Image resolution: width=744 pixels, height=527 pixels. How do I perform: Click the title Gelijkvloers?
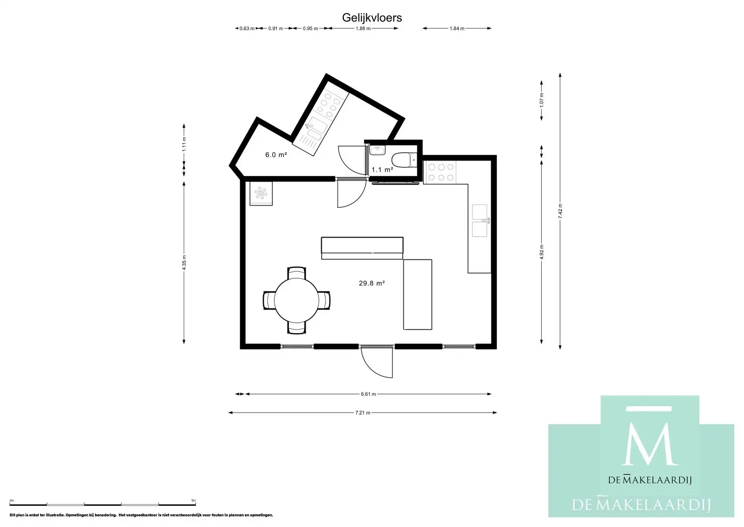[372, 18]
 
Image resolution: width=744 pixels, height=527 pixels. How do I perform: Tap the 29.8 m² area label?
[372, 283]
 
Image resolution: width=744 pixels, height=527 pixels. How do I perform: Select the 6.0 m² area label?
[276, 155]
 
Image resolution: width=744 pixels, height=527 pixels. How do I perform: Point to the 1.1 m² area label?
[382, 170]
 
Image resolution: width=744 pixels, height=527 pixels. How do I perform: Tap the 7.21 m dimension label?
[363, 413]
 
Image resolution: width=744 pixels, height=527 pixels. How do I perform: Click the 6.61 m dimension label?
[368, 394]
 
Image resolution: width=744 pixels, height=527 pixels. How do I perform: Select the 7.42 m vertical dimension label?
[560, 211]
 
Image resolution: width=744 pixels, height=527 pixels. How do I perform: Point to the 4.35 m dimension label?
[184, 262]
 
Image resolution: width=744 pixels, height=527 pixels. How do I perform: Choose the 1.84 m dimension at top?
[457, 28]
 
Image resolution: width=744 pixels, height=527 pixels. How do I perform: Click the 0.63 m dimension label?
[247, 28]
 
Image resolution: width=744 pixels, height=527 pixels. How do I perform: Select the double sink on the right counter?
[480, 221]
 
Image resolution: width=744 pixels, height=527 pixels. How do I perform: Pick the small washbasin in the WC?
[377, 150]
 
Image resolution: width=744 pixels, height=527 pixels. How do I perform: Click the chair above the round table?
[296, 272]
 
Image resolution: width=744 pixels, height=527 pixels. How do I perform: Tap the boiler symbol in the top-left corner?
[261, 193]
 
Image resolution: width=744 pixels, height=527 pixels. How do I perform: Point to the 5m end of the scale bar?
[195, 504]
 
